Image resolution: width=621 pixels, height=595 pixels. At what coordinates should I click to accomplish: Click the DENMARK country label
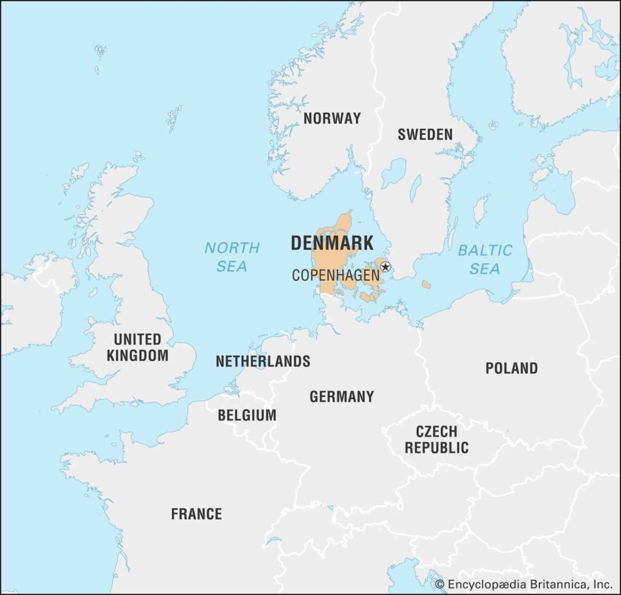pyautogui.click(x=332, y=243)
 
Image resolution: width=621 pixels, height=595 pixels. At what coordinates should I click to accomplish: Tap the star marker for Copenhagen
pyautogui.click(x=386, y=267)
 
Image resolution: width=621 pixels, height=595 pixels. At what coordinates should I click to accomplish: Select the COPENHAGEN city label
pyautogui.click(x=335, y=275)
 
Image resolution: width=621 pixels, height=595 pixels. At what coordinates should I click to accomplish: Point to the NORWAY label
pyautogui.click(x=332, y=118)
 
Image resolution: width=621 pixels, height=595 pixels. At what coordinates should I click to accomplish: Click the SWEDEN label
pyautogui.click(x=425, y=134)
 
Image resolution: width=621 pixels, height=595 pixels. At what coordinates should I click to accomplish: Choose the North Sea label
pyautogui.click(x=232, y=257)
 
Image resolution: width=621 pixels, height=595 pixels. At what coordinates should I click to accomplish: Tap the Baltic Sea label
pyautogui.click(x=485, y=259)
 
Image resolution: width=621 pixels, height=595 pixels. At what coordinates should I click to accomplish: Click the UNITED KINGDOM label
pyautogui.click(x=137, y=347)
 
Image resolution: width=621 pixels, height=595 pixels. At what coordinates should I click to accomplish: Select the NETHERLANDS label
pyautogui.click(x=263, y=361)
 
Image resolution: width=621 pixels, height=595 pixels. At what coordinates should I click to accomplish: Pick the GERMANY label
pyautogui.click(x=342, y=396)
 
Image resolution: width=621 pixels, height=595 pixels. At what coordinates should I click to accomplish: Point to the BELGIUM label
pyautogui.click(x=247, y=415)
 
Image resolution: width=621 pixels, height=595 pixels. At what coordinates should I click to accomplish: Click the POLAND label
pyautogui.click(x=511, y=368)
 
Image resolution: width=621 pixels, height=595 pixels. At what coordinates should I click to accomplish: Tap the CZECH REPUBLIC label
pyautogui.click(x=436, y=439)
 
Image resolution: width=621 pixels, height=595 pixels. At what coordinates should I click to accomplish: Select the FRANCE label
pyautogui.click(x=196, y=514)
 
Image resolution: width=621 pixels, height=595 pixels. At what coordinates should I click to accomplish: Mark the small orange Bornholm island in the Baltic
pyautogui.click(x=426, y=285)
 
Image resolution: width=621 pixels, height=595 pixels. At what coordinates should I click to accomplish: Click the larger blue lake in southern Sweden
pyautogui.click(x=393, y=173)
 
